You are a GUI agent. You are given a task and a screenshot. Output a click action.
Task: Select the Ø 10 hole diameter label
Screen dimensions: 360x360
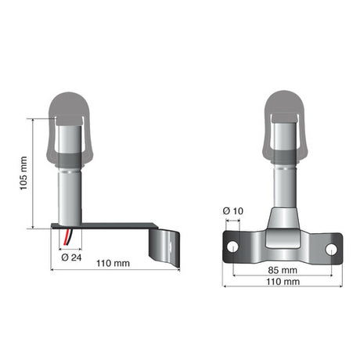[232, 211]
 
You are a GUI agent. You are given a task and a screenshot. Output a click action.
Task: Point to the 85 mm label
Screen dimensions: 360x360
[282, 269]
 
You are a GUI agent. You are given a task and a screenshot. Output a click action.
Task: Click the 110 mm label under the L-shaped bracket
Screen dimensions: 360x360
[113, 263]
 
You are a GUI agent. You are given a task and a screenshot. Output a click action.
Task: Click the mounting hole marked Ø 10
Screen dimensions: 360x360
[232, 247]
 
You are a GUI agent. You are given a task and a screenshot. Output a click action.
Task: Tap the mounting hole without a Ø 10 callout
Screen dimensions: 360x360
[331, 248]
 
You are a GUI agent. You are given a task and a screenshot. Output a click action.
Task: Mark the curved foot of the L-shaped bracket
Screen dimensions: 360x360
[166, 245]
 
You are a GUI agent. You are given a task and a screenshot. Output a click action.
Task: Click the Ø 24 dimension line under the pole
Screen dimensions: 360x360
[70, 248]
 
